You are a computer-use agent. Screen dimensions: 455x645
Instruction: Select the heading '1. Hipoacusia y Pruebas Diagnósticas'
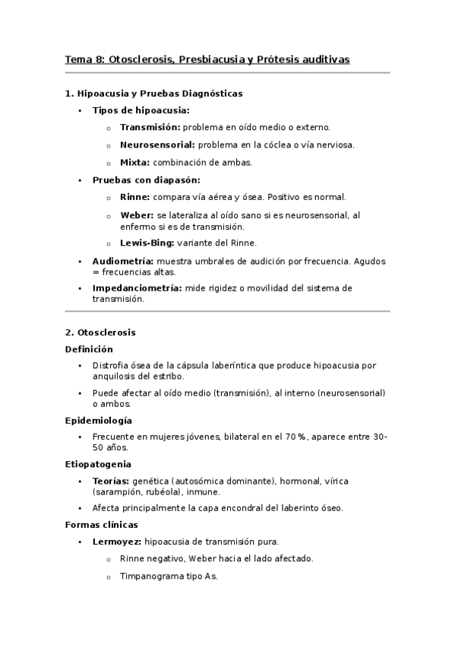[x=154, y=94]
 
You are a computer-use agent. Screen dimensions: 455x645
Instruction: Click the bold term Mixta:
[x=135, y=162]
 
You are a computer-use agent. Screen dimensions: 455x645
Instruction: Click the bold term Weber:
[x=137, y=216]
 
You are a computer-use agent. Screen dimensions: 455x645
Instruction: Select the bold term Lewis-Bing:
[x=147, y=243]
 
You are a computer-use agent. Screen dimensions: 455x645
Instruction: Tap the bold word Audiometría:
[x=123, y=261]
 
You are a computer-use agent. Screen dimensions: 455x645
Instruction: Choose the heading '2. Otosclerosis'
[x=100, y=332]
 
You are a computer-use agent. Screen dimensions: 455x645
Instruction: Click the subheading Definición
[x=89, y=349]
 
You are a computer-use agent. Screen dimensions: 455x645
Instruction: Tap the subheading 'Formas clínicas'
[x=101, y=525]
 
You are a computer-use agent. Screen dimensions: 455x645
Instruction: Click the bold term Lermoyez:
[x=116, y=542]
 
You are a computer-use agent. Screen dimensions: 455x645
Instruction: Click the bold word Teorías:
[x=110, y=481]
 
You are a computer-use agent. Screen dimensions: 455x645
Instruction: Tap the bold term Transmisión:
[x=150, y=127]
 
